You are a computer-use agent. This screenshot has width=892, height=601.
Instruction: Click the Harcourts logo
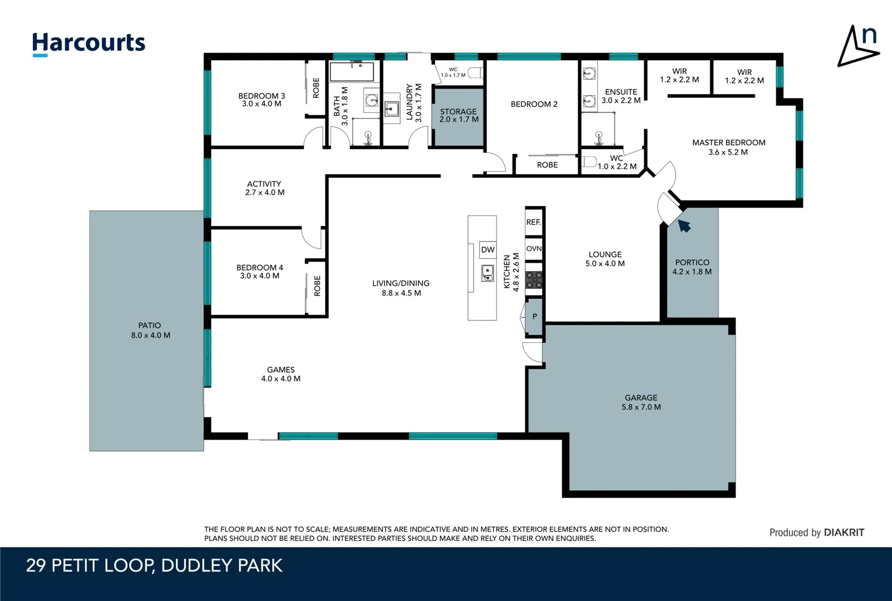[88, 43]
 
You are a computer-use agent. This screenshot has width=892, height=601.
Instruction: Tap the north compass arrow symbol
[857, 47]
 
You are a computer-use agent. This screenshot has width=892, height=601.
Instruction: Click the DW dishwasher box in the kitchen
[487, 250]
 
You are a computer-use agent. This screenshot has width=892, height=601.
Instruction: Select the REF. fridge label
[533, 222]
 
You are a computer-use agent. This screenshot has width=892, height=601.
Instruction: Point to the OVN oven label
[534, 249]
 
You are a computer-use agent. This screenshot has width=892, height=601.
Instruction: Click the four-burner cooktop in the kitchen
[534, 280]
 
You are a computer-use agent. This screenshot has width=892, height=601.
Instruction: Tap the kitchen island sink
[487, 273]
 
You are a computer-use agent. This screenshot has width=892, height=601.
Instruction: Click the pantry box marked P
[534, 317]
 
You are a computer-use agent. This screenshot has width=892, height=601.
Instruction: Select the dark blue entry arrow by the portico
[684, 225]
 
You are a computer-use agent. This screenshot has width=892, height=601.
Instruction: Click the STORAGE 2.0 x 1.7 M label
[459, 116]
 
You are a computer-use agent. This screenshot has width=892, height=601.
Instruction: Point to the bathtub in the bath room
[352, 72]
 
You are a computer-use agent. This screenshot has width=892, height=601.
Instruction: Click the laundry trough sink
[392, 108]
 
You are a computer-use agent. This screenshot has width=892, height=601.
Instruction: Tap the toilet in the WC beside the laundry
[475, 72]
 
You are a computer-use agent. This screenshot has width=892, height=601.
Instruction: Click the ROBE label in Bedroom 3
[316, 88]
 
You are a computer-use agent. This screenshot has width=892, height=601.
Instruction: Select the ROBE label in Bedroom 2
[547, 165]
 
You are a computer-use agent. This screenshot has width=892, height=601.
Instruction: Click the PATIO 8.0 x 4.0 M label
[150, 331]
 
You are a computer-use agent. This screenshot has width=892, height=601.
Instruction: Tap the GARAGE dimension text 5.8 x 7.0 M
[641, 407]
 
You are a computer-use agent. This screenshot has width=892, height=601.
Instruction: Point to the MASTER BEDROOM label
[728, 143]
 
